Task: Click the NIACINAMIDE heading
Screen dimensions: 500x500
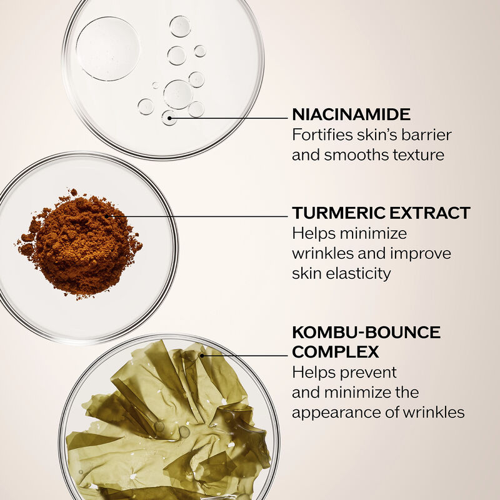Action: click(351, 114)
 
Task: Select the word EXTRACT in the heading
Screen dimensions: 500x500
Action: click(430, 212)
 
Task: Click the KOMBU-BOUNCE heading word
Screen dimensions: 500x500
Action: click(366, 332)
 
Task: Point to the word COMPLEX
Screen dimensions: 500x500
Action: click(336, 352)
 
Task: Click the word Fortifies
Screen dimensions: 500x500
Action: click(322, 134)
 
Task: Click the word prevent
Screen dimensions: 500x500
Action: click(372, 373)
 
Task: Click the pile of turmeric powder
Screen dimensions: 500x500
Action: click(79, 243)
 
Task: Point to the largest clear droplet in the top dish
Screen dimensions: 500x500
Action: click(107, 49)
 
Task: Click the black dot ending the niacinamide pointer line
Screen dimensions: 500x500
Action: click(169, 118)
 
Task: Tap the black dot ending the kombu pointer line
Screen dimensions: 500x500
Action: click(201, 355)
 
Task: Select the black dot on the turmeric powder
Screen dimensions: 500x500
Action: click(106, 216)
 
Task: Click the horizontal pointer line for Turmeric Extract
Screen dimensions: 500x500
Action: click(197, 216)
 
